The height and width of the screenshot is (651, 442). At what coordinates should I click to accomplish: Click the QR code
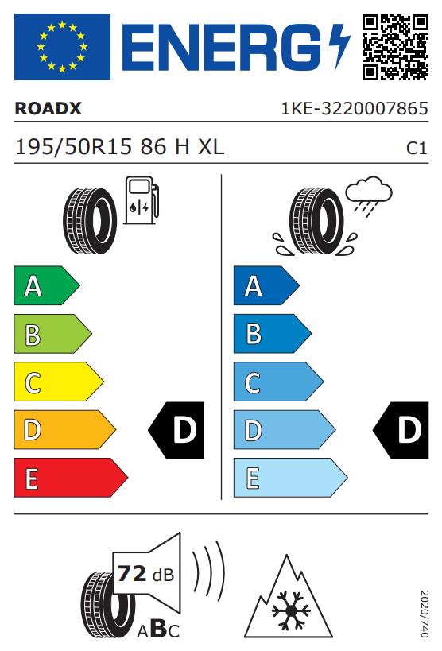[x=395, y=47]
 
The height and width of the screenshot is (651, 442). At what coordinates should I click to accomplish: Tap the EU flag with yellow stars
[x=62, y=47]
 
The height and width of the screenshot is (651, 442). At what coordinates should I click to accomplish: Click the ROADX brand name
[x=48, y=109]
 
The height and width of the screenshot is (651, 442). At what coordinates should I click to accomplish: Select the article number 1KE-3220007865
[x=355, y=109]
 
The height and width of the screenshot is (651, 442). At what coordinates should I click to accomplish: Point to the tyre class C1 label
[x=417, y=148]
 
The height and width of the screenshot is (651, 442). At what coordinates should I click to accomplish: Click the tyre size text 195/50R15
[x=73, y=147]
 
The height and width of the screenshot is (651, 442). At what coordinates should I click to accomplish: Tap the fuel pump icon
[x=142, y=200]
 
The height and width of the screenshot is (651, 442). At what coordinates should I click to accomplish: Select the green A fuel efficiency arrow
[x=47, y=285]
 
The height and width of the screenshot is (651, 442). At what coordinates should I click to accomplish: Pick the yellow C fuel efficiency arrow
[x=59, y=382]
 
